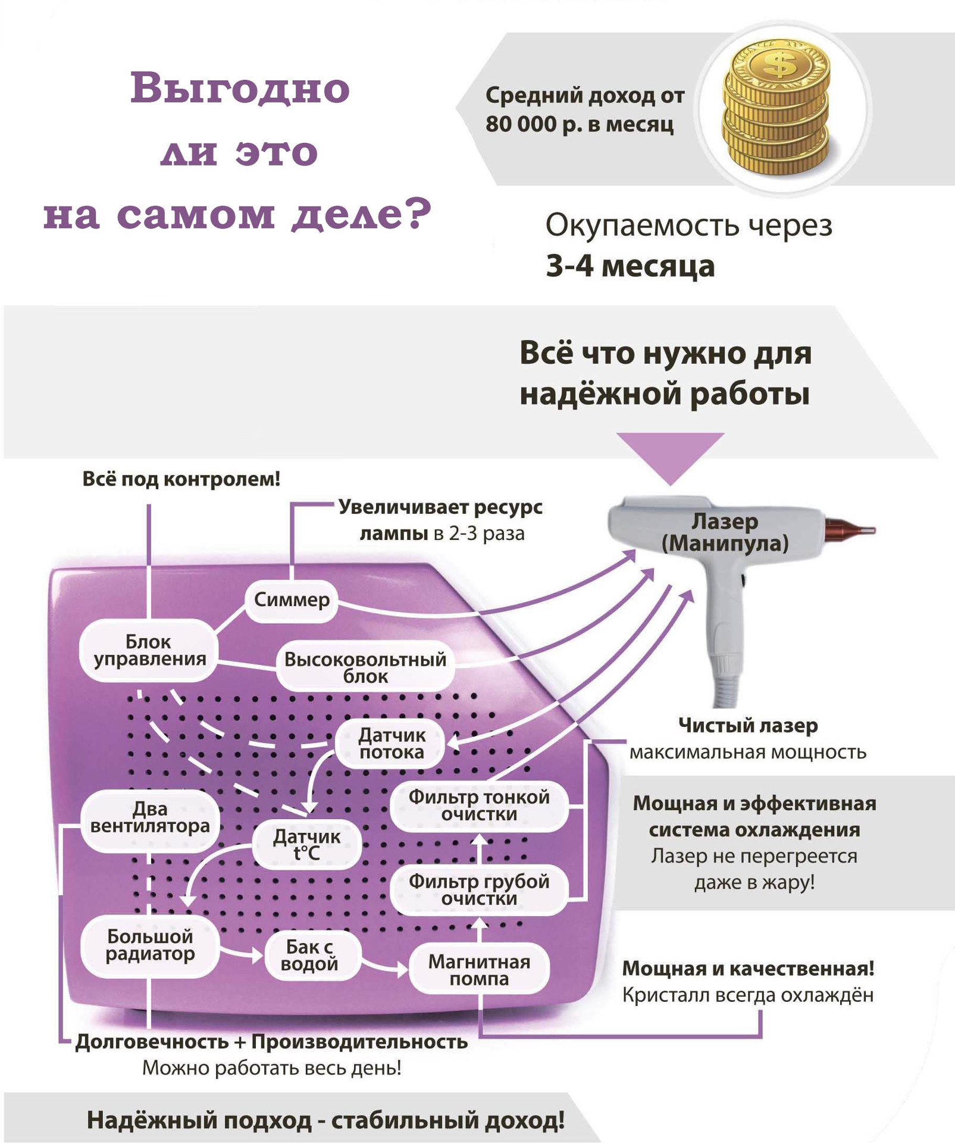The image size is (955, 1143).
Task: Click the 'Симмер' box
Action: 292,599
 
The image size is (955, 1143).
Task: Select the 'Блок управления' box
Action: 149,650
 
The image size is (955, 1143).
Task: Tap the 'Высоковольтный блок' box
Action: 365,667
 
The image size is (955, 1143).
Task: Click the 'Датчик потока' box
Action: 391,744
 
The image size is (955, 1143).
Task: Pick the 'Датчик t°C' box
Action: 306,844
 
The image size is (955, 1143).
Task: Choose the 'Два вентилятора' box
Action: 150,817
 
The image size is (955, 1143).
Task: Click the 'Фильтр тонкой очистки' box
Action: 478,805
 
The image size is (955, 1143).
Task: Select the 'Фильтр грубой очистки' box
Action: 478,889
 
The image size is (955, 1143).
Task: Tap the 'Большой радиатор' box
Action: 150,945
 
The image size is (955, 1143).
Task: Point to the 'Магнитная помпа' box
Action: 478,970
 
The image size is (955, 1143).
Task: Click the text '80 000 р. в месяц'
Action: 579,124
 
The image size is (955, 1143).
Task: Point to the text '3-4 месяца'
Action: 630,266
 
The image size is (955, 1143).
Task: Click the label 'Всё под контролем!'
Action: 181,479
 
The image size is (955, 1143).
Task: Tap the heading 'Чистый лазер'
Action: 747,725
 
